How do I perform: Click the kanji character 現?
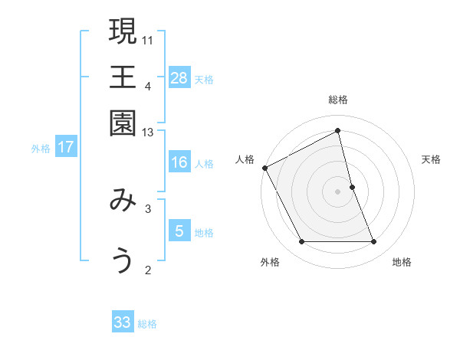pos(123,33)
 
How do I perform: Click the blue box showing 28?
pos(179,77)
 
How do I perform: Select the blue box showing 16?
pos(179,162)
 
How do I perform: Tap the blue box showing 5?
pos(179,231)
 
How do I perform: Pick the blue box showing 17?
pos(66,148)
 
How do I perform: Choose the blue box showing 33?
pos(123,322)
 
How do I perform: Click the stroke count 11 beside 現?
pos(149,39)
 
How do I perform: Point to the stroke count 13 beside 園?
pos(149,133)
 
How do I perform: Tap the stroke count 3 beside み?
pos(149,208)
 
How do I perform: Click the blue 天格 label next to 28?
pos(204,79)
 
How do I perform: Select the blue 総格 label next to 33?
pos(147,324)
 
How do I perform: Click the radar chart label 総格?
pos(338,100)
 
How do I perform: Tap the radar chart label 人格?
pos(245,159)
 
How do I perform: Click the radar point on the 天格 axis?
pos(352,187)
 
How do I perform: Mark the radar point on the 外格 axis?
pos(301,242)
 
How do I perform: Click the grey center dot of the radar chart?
pos(338,191)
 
